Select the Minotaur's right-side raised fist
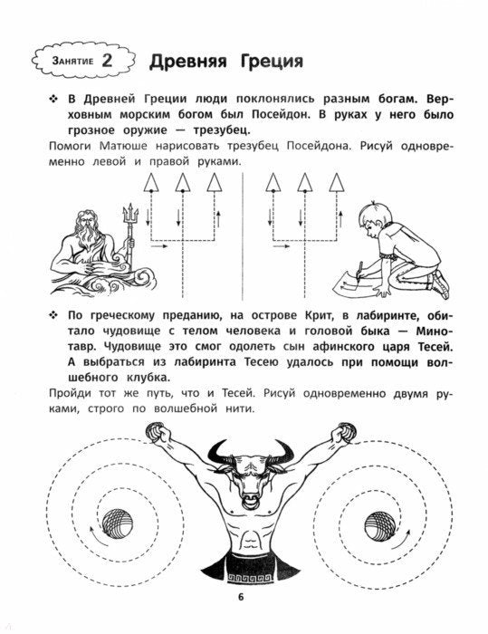[x=342, y=435]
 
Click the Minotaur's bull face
[x=244, y=470]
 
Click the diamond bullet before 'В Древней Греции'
[x=52, y=98]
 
